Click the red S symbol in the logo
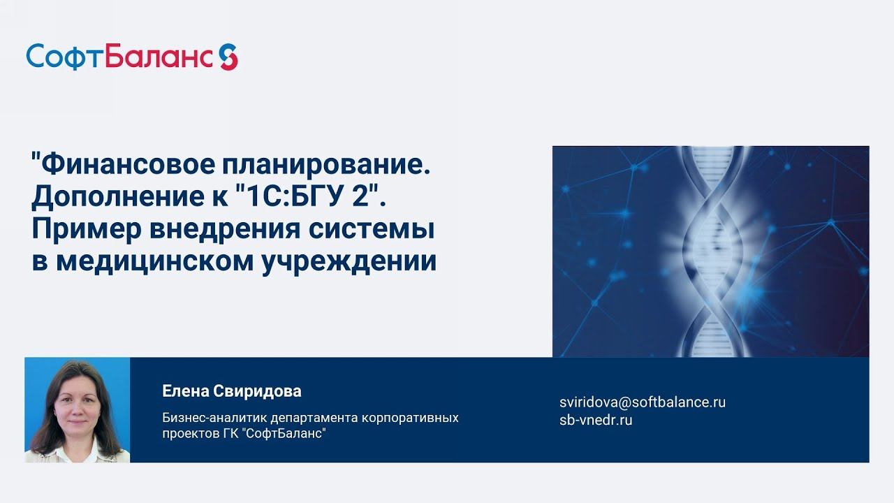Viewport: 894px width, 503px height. [x=228, y=56]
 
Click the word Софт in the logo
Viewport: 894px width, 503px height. [x=65, y=56]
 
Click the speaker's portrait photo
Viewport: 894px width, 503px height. [x=77, y=410]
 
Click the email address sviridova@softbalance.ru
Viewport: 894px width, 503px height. [x=643, y=402]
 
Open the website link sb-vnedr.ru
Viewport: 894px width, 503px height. [x=596, y=420]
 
